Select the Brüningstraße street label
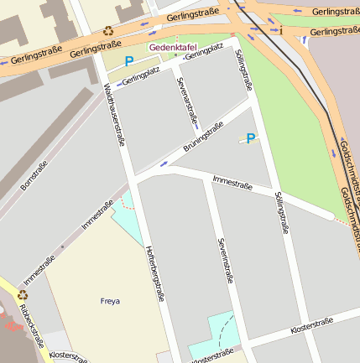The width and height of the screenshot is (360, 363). pyautogui.click(x=203, y=137)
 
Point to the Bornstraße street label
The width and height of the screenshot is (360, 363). pyautogui.click(x=34, y=175)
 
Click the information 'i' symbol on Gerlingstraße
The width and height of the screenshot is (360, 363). pyautogui.click(x=281, y=31)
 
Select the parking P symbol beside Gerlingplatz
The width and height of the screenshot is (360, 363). pyautogui.click(x=128, y=61)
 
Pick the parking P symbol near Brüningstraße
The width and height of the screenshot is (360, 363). pyautogui.click(x=250, y=138)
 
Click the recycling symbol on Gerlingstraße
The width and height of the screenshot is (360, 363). pyautogui.click(x=108, y=31)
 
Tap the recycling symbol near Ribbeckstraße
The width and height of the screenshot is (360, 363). pyautogui.click(x=23, y=293)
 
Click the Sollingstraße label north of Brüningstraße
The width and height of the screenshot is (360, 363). pyautogui.click(x=243, y=68)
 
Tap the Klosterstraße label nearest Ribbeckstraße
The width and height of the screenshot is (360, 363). pyautogui.click(x=67, y=356)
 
